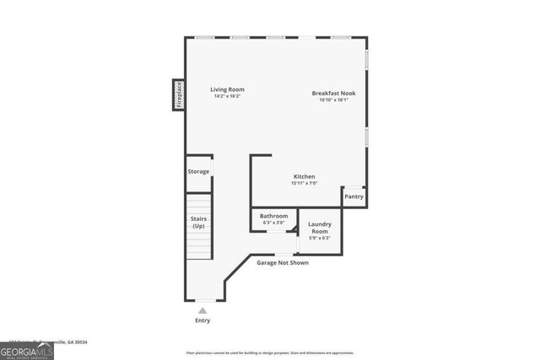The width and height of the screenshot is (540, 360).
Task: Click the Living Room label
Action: click(x=227, y=89)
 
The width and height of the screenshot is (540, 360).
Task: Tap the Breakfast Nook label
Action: click(x=333, y=93)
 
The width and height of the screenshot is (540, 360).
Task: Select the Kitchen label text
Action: click(x=304, y=176)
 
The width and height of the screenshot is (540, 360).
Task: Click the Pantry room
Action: click(x=354, y=196)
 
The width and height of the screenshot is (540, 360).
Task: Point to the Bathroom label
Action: click(x=273, y=216)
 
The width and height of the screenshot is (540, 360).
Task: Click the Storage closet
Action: click(x=198, y=171)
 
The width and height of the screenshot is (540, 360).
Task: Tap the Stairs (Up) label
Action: click(x=198, y=223)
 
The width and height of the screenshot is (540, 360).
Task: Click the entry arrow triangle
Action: click(x=202, y=310)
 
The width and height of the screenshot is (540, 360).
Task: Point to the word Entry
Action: click(x=202, y=320)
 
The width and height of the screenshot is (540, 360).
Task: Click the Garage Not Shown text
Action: click(x=283, y=263)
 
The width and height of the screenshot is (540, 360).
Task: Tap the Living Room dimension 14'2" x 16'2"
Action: click(x=227, y=96)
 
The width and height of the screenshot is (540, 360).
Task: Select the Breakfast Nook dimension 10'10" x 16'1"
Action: click(x=333, y=99)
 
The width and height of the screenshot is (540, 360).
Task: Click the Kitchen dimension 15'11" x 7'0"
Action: click(x=304, y=183)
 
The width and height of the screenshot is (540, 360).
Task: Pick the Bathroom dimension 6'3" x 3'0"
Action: click(x=273, y=223)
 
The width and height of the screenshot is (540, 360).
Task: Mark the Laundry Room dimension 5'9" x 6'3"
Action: click(x=320, y=238)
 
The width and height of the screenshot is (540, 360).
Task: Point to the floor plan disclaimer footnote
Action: click(x=270, y=353)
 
